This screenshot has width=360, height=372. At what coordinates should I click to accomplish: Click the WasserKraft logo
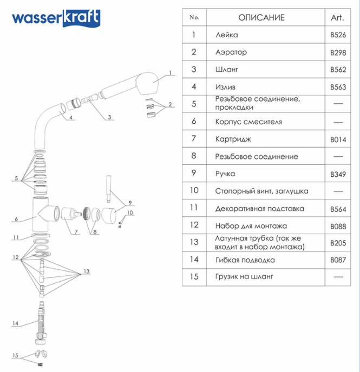click(x=56, y=18)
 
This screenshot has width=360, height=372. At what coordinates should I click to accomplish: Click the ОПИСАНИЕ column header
click(x=261, y=17)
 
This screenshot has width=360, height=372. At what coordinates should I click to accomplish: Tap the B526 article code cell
click(x=337, y=35)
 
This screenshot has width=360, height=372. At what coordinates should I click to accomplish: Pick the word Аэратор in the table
click(x=231, y=52)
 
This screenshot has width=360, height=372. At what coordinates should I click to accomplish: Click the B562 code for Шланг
click(x=337, y=70)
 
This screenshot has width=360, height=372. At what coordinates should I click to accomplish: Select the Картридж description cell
click(x=233, y=139)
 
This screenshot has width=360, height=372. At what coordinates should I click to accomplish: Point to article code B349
click(x=337, y=174)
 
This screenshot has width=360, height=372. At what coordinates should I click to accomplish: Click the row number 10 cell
click(x=194, y=190)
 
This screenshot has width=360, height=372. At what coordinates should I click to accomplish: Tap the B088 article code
click(x=337, y=226)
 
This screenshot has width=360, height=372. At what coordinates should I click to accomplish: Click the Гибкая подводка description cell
click(x=245, y=260)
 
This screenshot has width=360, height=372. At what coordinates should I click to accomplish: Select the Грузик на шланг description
click(x=244, y=277)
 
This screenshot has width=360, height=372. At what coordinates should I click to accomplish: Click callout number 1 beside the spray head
click(x=169, y=72)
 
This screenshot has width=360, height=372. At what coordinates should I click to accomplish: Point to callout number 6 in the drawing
click(x=17, y=219)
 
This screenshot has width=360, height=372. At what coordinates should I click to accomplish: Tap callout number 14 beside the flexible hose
click(x=16, y=323)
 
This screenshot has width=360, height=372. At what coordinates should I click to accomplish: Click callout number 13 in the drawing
click(x=86, y=271)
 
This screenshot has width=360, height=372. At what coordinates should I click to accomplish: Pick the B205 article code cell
click(x=337, y=243)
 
